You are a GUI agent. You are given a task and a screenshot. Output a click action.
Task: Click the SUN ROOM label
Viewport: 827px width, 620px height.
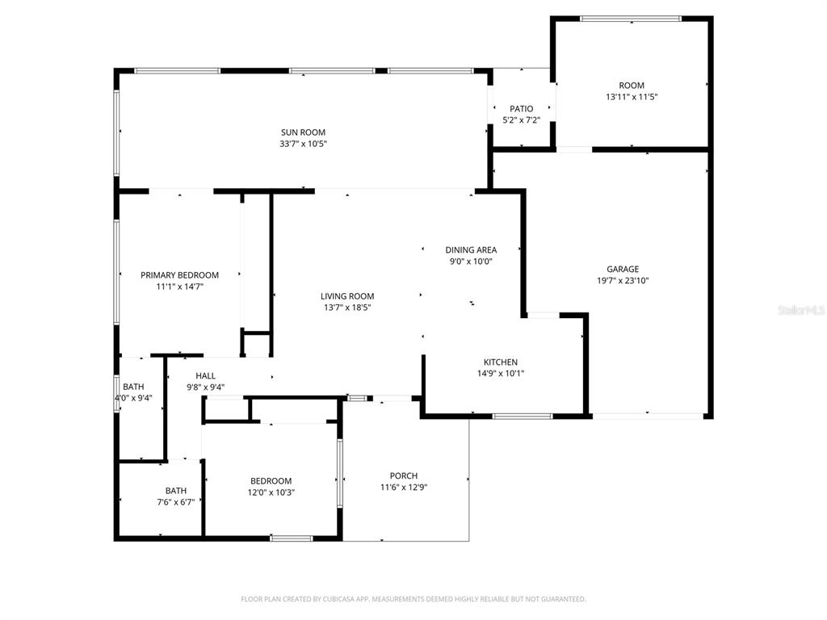pos(303,132)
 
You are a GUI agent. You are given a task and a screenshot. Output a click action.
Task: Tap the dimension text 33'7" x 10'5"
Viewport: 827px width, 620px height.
pos(303,144)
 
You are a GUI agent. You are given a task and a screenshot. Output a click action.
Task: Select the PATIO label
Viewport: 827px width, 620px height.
pos(521,109)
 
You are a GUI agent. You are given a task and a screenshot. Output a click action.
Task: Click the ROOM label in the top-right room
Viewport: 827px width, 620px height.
pos(632,86)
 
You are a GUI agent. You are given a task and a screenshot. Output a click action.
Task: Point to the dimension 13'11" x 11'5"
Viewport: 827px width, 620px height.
pos(632,97)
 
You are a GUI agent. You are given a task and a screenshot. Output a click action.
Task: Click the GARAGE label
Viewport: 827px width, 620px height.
pos(623,270)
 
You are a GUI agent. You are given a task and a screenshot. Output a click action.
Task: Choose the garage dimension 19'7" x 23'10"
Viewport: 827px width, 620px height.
pos(623,281)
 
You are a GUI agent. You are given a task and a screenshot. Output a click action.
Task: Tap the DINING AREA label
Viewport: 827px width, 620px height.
pos(471,250)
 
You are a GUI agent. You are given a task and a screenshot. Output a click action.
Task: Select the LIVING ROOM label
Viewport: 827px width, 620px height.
pos(347,296)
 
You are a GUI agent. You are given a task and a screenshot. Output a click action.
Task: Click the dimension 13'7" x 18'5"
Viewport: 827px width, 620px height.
pos(347,308)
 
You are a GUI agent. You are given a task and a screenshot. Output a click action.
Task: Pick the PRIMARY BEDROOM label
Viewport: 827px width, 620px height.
pos(179,275)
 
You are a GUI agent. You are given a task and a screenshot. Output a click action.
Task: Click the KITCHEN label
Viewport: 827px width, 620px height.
pos(501,362)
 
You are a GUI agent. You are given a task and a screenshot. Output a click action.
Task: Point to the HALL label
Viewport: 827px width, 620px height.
pos(205,375)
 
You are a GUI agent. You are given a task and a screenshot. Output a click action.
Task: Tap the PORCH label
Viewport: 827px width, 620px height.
pos(404,476)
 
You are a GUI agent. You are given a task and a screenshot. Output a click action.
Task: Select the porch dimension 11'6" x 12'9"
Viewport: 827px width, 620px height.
pos(404,488)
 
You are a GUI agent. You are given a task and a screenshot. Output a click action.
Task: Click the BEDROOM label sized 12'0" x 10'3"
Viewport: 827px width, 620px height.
pos(271,481)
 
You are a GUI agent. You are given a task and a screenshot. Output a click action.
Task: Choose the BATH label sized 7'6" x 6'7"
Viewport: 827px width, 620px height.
pos(176,490)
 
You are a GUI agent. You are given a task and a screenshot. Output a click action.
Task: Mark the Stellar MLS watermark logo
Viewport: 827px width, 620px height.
pos(801,310)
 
